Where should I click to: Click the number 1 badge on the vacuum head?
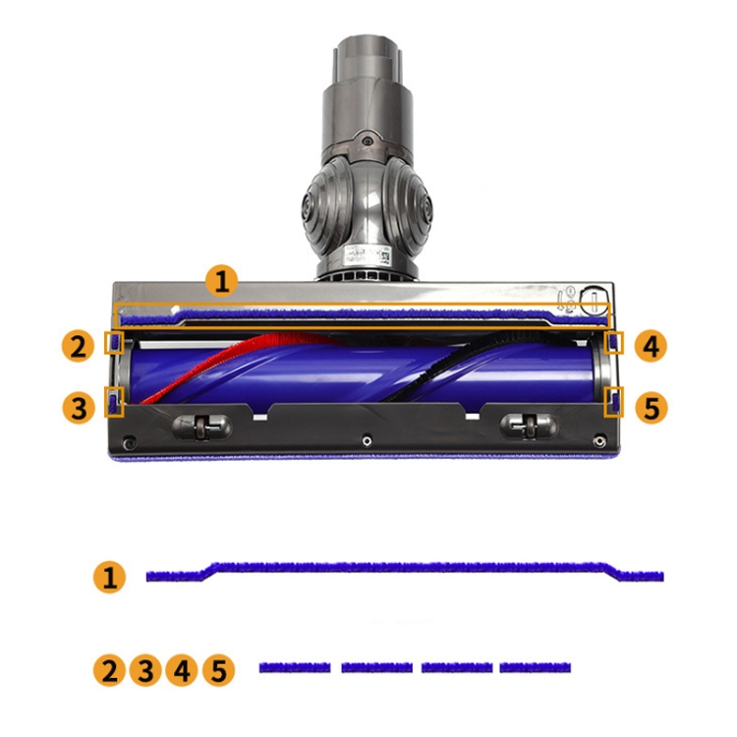click(x=222, y=281)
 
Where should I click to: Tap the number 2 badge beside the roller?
click(x=78, y=347)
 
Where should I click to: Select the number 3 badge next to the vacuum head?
click(x=79, y=408)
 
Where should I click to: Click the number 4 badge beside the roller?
click(x=651, y=347)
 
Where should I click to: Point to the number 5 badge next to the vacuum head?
click(x=652, y=407)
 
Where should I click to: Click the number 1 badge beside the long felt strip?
click(x=109, y=577)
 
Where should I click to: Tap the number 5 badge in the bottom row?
click(x=219, y=670)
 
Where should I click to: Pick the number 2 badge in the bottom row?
click(x=109, y=670)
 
